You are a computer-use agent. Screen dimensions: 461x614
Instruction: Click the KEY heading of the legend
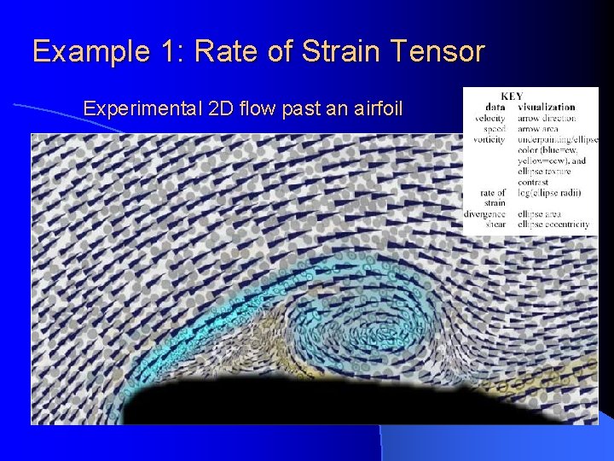coord(513,96)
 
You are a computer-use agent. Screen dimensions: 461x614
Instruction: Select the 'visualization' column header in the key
coord(546,107)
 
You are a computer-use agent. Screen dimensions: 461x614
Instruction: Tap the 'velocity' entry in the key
coord(490,118)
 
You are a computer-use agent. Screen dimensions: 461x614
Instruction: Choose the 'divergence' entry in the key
coord(486,213)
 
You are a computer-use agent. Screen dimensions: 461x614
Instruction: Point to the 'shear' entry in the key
coord(495,224)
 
